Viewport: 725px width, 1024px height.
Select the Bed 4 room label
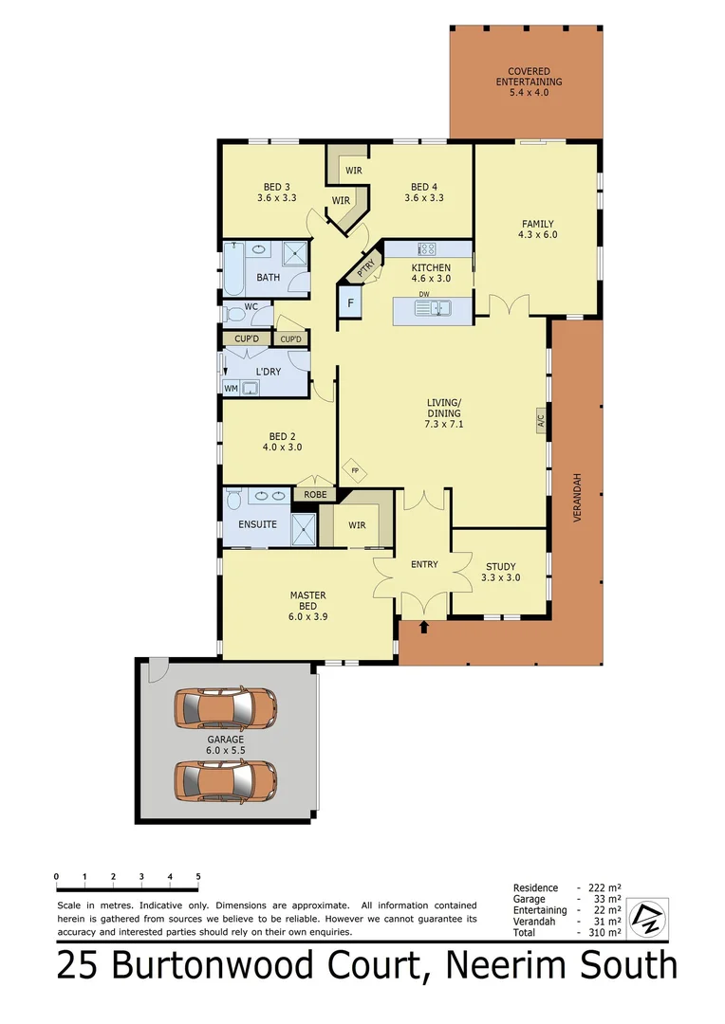[x=424, y=192]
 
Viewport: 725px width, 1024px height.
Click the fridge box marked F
[x=350, y=303]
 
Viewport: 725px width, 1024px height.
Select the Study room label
[x=500, y=572]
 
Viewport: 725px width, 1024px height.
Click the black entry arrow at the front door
[x=424, y=627]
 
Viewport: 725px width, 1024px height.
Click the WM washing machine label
[x=231, y=388]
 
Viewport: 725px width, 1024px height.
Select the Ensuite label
[x=257, y=524]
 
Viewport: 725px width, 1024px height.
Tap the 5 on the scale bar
[x=198, y=876]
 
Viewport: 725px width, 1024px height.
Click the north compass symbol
[x=649, y=916]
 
